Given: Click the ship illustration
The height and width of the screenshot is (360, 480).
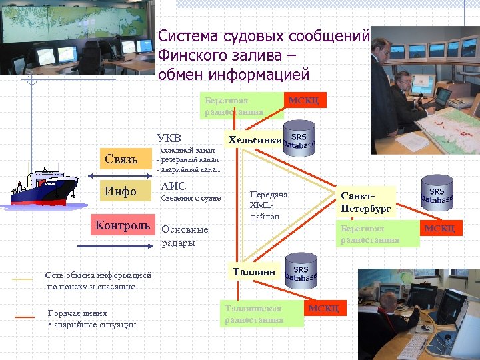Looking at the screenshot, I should tap(43, 185).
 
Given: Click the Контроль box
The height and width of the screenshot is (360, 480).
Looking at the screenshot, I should tap(122, 225).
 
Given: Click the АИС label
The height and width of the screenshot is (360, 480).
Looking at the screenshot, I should tap(173, 186).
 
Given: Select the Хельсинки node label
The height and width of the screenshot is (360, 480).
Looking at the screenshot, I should tap(255, 140).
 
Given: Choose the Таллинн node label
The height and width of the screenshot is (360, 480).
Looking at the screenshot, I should tap(254, 271).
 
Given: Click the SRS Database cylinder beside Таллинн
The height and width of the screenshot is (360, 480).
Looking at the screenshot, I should tap(301, 271).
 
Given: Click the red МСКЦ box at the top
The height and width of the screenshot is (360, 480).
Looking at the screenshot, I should tap(303, 100).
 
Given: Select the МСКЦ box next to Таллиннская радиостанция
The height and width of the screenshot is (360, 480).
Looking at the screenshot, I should tap(323, 309).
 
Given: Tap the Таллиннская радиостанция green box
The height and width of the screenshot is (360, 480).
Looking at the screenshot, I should tap(261, 314).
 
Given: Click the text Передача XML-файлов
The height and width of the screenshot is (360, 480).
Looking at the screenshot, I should tap(268, 205).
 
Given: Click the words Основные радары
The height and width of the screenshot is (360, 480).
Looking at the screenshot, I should tap(185, 236).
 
